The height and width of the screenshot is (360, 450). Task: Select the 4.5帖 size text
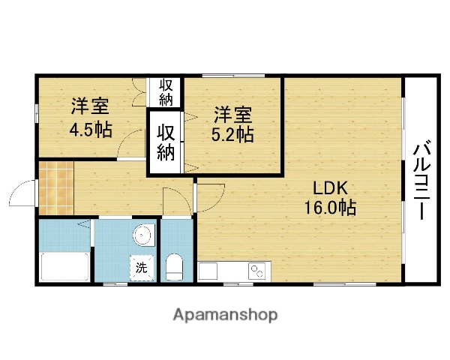pyautogui.click(x=91, y=128)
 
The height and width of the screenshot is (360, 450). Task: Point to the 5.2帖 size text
pyautogui.click(x=233, y=135)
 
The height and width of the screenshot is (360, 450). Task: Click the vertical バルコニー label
pyautogui.click(x=420, y=179)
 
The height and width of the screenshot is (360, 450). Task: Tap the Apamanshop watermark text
pyautogui.click(x=226, y=314)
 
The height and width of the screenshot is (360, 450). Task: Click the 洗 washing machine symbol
pyautogui.click(x=141, y=265)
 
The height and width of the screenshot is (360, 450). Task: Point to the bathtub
pyautogui.click(x=64, y=267)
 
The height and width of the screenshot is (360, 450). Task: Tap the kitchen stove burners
pyautogui.click(x=259, y=270)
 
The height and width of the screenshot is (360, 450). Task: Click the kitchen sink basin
pyautogui.click(x=208, y=270)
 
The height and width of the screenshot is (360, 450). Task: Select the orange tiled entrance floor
pyautogui.click(x=56, y=188)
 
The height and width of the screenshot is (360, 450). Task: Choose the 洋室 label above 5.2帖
pyautogui.click(x=232, y=115)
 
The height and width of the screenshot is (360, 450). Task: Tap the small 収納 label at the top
pyautogui.click(x=166, y=91)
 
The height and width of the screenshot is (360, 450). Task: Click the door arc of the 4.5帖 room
pyautogui.click(x=133, y=142)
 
